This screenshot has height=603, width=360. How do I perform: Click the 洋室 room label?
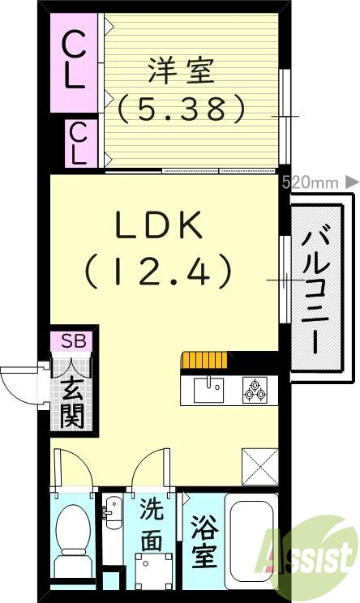coord(180,71)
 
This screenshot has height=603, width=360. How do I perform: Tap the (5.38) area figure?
coord(180,108)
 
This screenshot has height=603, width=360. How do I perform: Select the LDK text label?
coord(159,228)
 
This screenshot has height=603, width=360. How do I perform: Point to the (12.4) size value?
coord(159,271)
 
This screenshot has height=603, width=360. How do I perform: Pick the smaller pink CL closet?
coord(79,143)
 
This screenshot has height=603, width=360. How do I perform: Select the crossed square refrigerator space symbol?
coord(259,466)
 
